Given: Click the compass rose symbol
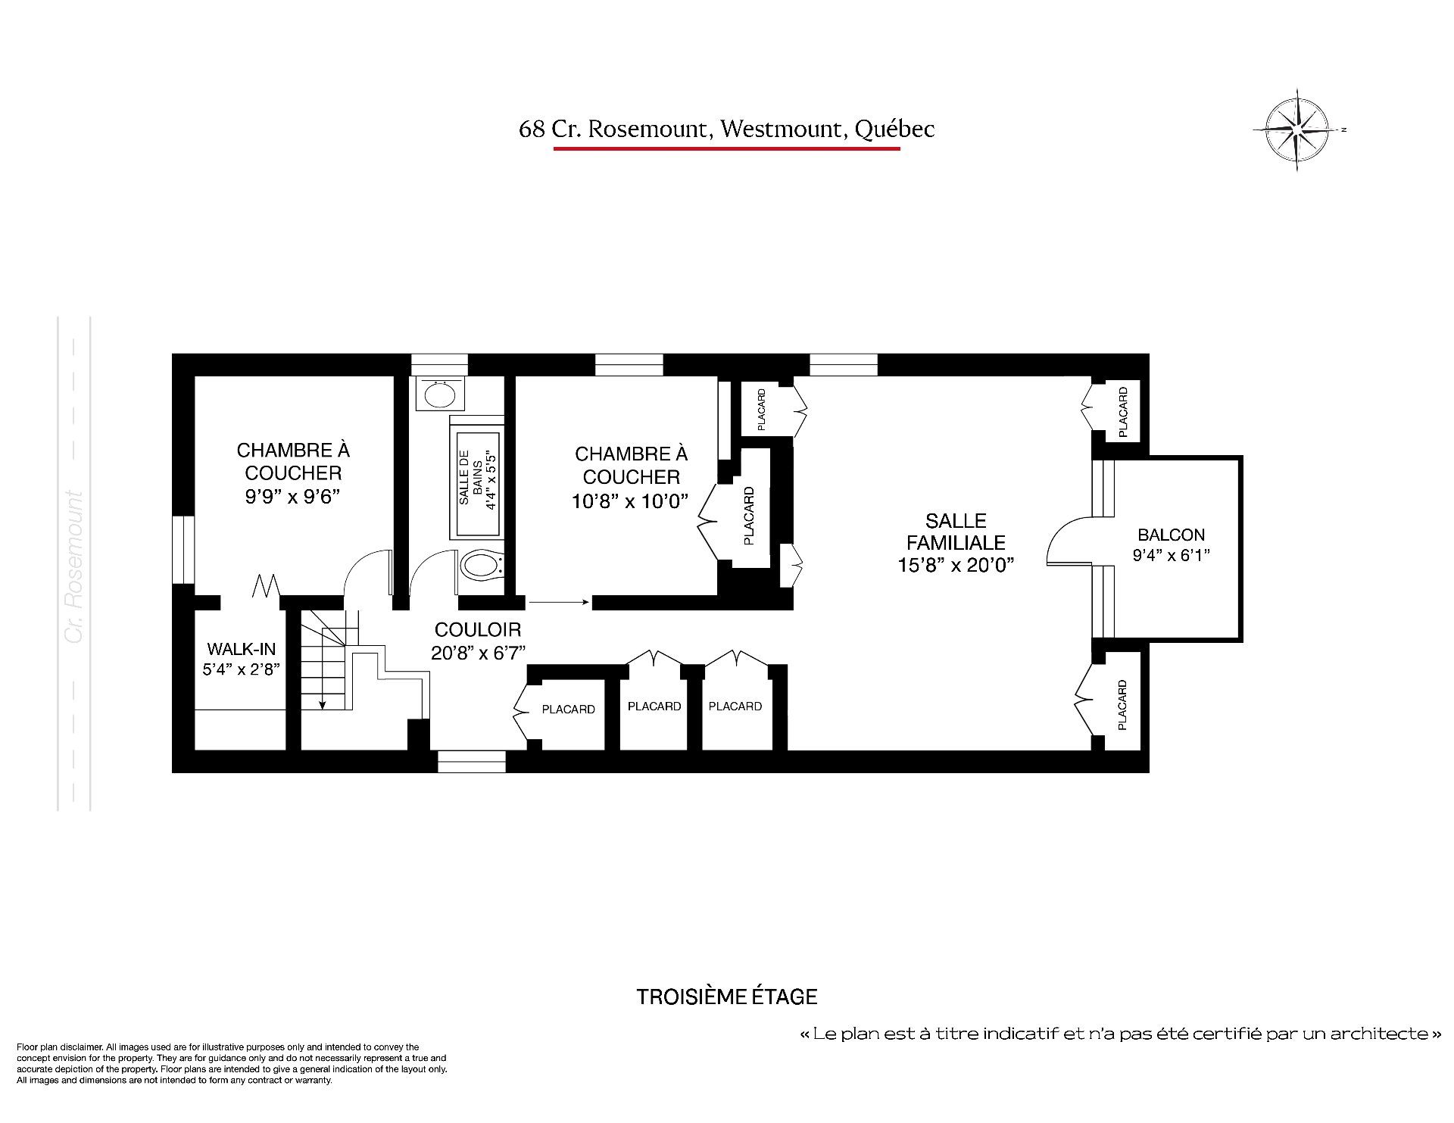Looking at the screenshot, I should [x=1298, y=129].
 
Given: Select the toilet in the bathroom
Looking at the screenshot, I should [x=480, y=564].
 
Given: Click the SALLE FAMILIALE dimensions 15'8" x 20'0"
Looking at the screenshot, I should [x=956, y=565].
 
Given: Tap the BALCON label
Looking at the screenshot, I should [x=1171, y=535].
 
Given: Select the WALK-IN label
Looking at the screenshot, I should [x=242, y=649].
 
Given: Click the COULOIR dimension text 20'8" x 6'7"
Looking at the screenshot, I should [x=478, y=652].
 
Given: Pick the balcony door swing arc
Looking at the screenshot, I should [x=1068, y=541].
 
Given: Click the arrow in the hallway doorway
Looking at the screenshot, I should [x=559, y=603].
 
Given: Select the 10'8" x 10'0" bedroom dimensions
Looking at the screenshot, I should [x=631, y=501].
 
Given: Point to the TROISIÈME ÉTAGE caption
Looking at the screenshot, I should [x=726, y=997].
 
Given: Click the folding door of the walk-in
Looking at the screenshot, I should [x=266, y=586].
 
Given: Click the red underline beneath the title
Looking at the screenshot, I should [x=726, y=148].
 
